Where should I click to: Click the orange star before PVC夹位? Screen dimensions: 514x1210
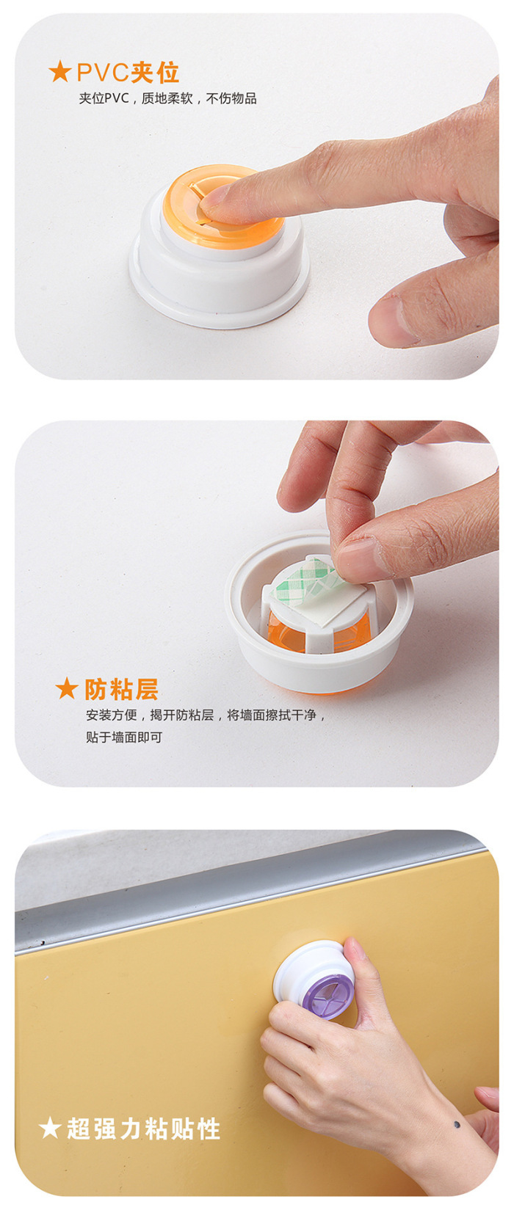pyautogui.click(x=60, y=72)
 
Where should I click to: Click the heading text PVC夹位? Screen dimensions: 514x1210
pyautogui.click(x=128, y=73)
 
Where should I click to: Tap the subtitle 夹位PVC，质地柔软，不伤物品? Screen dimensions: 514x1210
pyautogui.click(x=167, y=98)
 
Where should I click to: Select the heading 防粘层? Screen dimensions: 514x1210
pyautogui.click(x=121, y=689)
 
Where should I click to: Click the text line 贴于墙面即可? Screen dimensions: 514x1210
pyautogui.click(x=124, y=737)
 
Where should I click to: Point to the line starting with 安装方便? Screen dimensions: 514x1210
pyautogui.click(x=206, y=715)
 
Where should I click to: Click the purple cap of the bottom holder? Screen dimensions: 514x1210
pyautogui.click(x=329, y=995)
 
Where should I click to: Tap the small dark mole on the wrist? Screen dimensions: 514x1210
pyautogui.click(x=457, y=1125)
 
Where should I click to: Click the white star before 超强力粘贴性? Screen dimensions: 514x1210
pyautogui.click(x=50, y=1129)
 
